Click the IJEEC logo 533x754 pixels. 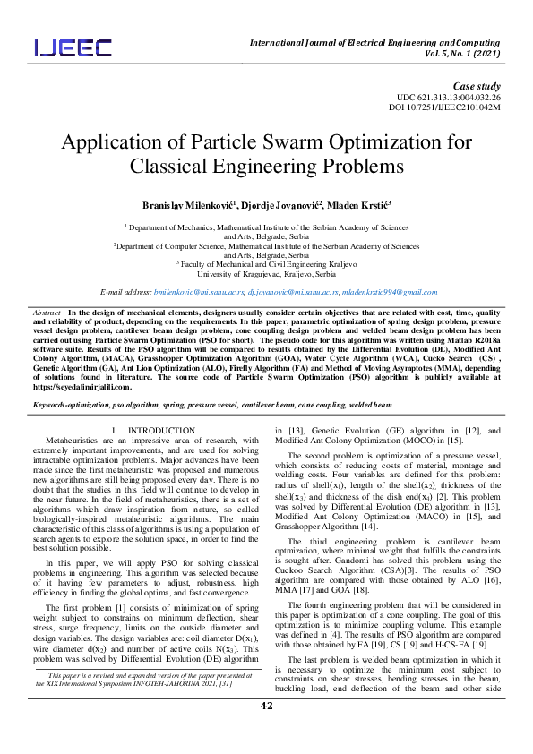[73, 47]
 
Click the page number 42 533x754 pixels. [266, 731]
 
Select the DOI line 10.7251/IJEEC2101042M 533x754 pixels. [457, 107]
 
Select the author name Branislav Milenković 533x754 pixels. [185, 205]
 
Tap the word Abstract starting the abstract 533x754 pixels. [41, 311]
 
